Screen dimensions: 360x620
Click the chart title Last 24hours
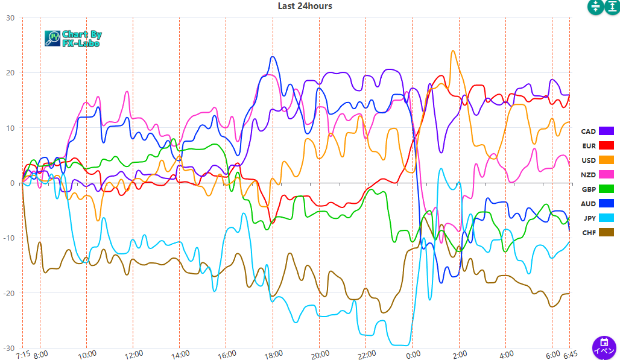305,6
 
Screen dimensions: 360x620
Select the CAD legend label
588,131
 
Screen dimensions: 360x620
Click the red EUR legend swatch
606,145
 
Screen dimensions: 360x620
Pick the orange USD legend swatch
606,160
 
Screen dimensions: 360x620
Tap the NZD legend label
588,174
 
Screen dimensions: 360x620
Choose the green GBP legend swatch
606,189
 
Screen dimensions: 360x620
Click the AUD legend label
588,204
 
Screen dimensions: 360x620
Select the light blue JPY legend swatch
606,218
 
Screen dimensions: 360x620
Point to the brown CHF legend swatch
606,232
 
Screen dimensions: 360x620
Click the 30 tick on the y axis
10,17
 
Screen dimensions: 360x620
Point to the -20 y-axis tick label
8,293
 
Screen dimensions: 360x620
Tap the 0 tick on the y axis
13,183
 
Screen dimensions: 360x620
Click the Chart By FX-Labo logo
73,39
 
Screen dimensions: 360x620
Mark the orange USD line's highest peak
453,51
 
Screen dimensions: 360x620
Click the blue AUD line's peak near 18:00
273,57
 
